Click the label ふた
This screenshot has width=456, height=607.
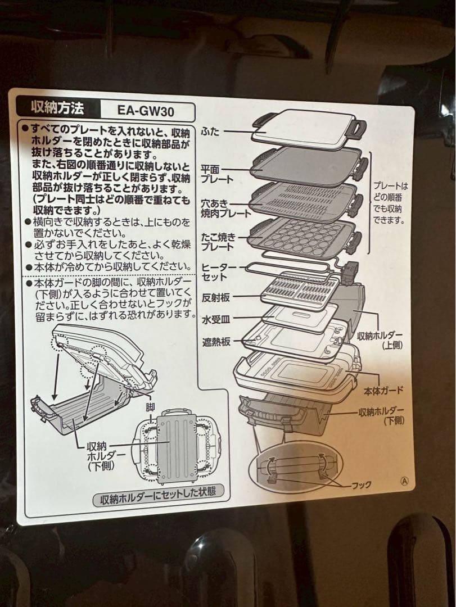tap(210, 132)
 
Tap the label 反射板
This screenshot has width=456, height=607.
tap(216, 297)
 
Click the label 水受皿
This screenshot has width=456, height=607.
tap(216, 320)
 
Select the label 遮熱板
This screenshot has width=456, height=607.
tap(216, 342)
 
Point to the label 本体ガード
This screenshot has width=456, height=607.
tap(383, 390)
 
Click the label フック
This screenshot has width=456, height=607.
tap(360, 485)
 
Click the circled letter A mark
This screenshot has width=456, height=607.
tap(403, 481)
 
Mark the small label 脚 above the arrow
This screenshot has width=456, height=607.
tap(150, 406)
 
